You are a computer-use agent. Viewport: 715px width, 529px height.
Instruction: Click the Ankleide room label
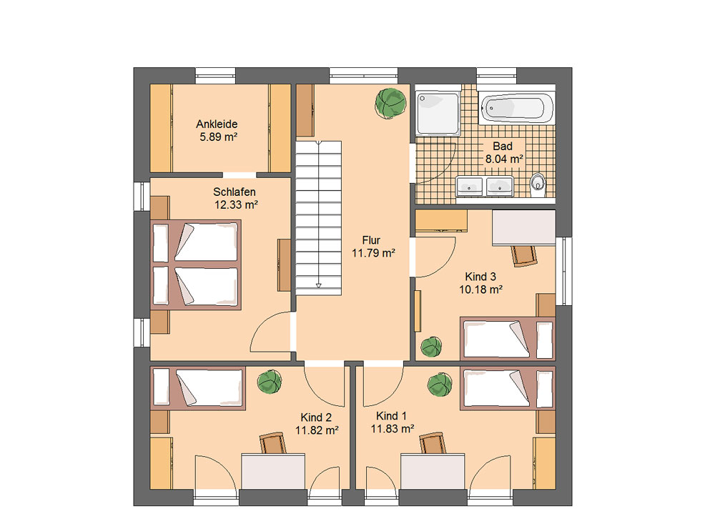[217, 124]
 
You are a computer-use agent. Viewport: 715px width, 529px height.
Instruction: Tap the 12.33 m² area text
[236, 204]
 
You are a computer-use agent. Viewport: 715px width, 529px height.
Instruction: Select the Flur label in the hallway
[371, 240]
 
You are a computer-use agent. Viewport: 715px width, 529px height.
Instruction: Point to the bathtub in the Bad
[517, 109]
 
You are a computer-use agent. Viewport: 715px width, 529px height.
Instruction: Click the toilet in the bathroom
[538, 184]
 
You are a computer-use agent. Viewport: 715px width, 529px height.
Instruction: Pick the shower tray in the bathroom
[438, 114]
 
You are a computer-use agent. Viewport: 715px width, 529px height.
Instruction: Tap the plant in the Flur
[390, 103]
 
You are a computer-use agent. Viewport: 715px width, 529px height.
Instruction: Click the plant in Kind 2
[269, 382]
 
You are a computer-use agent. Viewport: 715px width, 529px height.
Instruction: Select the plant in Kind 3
[431, 347]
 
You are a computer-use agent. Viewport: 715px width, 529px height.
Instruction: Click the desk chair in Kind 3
[524, 255]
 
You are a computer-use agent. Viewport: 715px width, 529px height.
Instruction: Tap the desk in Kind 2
[273, 471]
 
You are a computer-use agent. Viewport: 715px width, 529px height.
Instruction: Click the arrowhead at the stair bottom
[319, 285]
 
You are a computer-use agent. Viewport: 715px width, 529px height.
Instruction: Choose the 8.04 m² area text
[504, 159]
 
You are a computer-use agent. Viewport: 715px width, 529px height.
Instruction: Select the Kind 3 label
[480, 277]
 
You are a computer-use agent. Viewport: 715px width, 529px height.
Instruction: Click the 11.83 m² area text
[392, 429]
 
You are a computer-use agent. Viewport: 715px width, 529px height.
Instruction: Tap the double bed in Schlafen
[196, 264]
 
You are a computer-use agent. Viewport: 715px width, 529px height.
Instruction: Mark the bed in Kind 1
[508, 388]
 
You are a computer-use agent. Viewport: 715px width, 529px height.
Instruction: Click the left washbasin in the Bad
[469, 187]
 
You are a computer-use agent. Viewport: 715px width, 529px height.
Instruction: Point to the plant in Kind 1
[440, 385]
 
